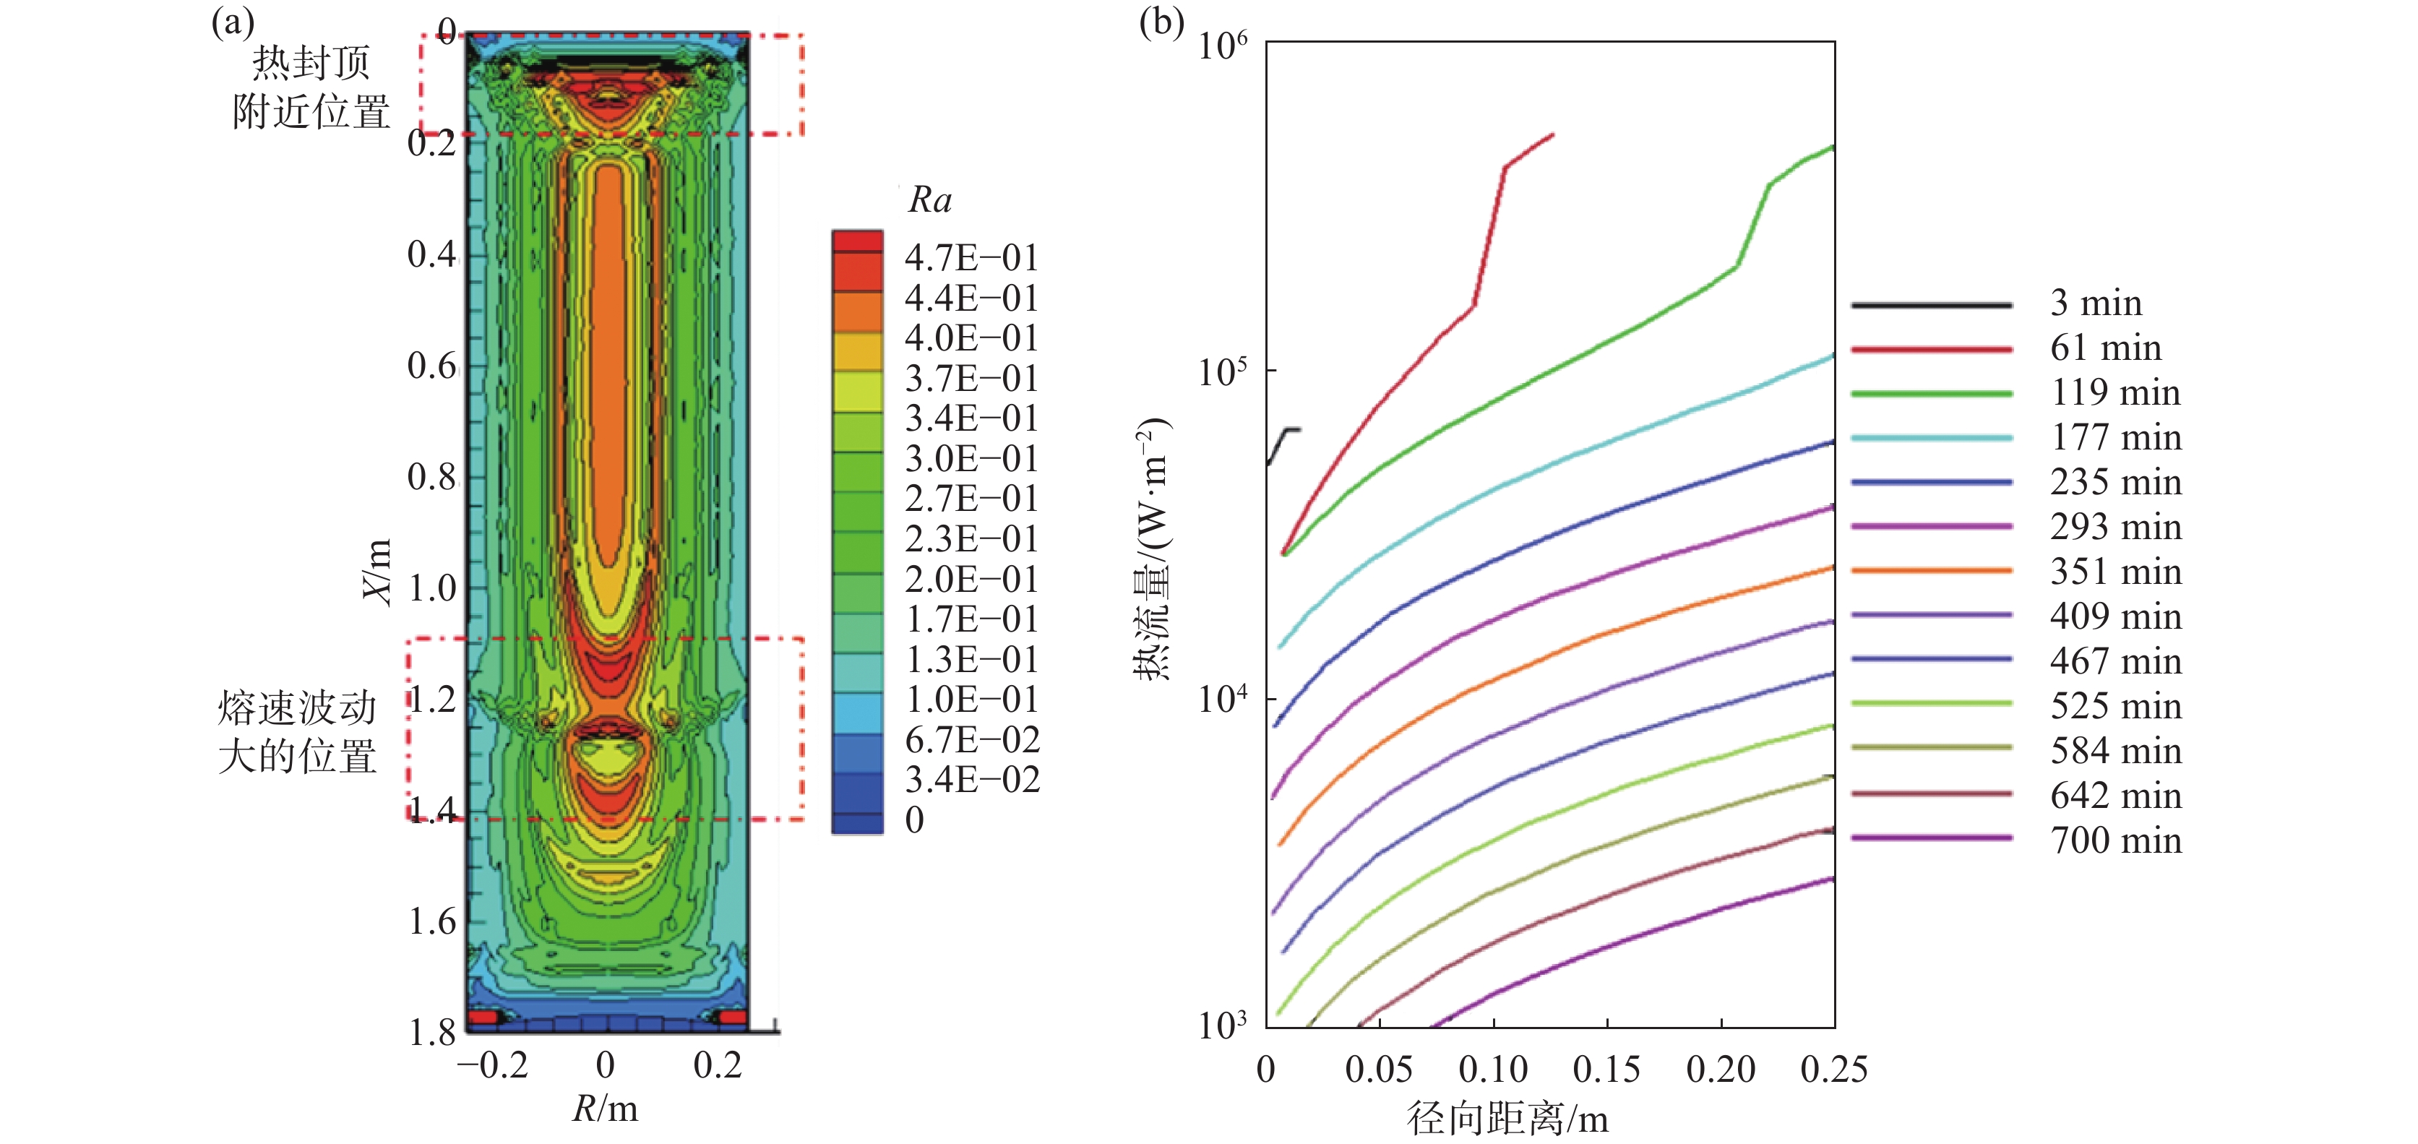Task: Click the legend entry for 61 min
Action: (x=2104, y=348)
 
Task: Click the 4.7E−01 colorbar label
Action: (x=971, y=258)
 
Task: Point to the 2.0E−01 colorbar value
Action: (x=971, y=579)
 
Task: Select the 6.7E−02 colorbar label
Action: (x=971, y=739)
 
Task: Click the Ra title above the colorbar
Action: (x=929, y=200)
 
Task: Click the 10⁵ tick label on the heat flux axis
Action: (x=1222, y=371)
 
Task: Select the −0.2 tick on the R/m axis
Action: (x=493, y=1065)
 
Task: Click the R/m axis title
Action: (x=606, y=1109)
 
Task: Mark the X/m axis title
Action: (x=377, y=572)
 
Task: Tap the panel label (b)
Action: (x=1161, y=21)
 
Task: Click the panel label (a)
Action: (x=233, y=21)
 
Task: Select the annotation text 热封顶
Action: (x=311, y=63)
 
